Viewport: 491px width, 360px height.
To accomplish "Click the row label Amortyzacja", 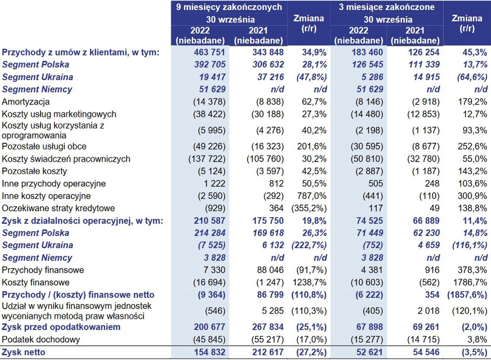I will click(x=26, y=102).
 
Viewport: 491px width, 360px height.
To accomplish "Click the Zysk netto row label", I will click(x=23, y=352).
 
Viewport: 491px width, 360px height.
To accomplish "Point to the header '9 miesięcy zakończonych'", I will click(x=229, y=7).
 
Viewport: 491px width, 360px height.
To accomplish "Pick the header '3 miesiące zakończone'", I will click(x=387, y=7).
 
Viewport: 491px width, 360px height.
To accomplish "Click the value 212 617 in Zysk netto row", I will click(x=265, y=352).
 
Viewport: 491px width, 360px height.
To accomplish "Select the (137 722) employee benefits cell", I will click(x=207, y=159).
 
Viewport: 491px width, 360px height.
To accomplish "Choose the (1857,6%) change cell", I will click(x=466, y=295).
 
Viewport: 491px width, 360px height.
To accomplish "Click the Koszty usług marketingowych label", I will click(x=59, y=114).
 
